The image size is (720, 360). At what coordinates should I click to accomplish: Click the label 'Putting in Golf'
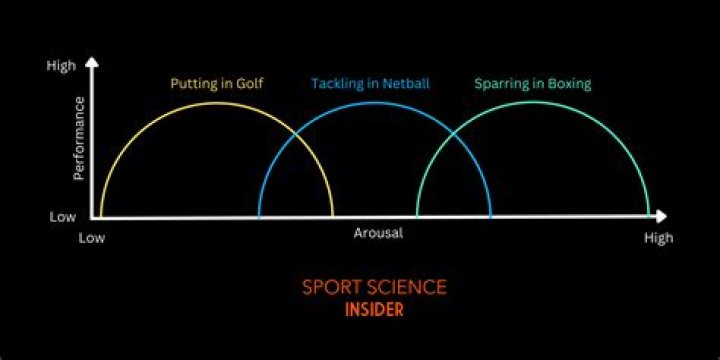tap(216, 84)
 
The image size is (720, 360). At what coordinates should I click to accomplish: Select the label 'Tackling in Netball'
tap(370, 84)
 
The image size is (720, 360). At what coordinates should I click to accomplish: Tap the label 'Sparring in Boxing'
tap(532, 84)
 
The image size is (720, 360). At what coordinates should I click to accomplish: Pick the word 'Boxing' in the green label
tap(567, 84)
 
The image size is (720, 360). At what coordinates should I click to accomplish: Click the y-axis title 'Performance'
tap(79, 138)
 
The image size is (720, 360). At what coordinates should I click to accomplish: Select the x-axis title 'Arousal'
tap(378, 233)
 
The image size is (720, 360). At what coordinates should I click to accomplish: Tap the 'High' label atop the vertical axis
tap(62, 66)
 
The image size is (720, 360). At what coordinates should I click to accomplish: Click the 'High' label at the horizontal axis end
tap(658, 238)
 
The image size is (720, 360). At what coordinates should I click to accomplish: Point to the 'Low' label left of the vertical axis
tap(62, 216)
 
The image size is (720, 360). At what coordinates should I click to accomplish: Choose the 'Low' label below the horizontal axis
tap(93, 238)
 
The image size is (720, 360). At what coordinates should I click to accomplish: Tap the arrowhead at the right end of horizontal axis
tap(661, 216)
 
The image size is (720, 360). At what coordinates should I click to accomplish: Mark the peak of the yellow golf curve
tap(217, 101)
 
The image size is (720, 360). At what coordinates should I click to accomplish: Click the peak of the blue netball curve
tap(375, 101)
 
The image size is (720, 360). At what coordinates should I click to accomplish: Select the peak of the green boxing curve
tap(533, 101)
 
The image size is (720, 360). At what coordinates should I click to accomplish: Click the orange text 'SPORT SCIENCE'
tap(374, 288)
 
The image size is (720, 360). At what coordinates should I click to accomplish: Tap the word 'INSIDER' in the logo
tap(374, 310)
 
